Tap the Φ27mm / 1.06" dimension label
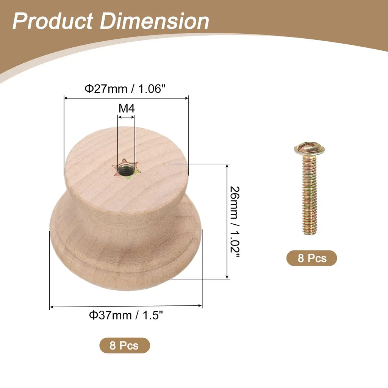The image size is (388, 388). [x=125, y=89]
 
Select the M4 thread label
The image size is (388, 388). [x=127, y=108]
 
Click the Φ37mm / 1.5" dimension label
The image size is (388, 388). [x=126, y=315]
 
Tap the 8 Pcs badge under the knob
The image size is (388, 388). [x=124, y=345]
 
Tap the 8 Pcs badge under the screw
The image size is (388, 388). [x=311, y=258]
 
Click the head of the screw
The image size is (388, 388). [x=309, y=149]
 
